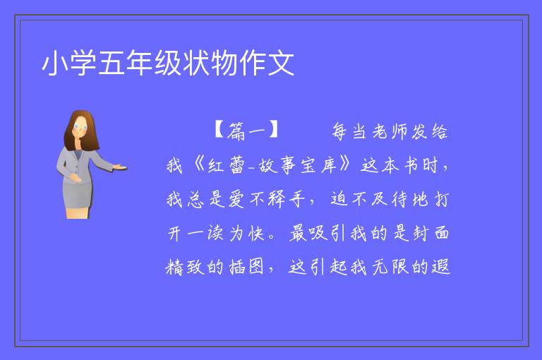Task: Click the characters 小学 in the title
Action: click(x=69, y=63)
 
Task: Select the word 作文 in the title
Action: click(x=267, y=63)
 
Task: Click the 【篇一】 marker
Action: click(x=246, y=131)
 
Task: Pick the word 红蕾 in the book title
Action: click(x=226, y=165)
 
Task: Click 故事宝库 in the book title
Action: click(x=298, y=165)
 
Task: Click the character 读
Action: click(x=215, y=233)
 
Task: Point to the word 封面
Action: click(x=431, y=232)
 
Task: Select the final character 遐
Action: click(x=440, y=267)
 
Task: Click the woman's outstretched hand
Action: click(x=120, y=168)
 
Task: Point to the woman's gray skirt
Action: click(x=78, y=196)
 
